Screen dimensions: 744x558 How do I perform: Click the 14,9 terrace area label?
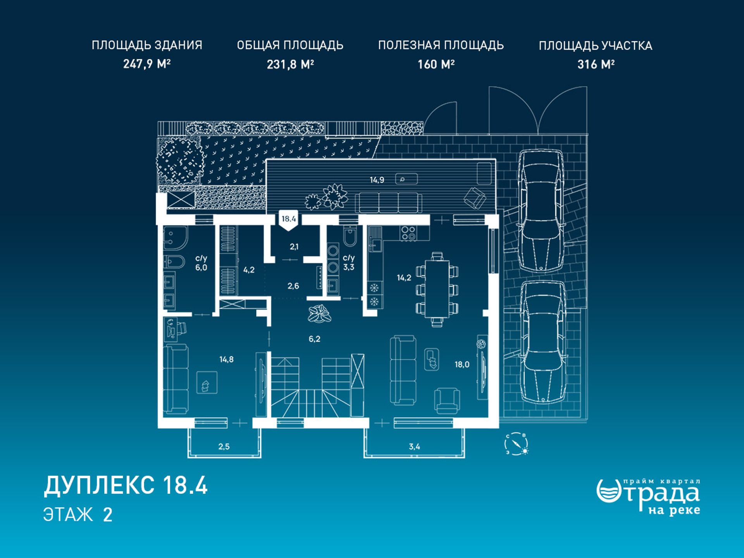[x=377, y=180]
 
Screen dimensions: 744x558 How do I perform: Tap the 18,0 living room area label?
[x=462, y=364]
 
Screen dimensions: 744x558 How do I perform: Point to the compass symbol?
[x=517, y=444]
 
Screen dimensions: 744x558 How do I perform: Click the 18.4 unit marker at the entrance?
[x=289, y=220]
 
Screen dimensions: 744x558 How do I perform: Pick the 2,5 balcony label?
[x=224, y=446]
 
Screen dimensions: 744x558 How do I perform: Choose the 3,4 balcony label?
[x=414, y=446]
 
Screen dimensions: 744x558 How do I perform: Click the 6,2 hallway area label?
[x=314, y=339]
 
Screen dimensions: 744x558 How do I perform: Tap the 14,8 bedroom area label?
[x=226, y=359]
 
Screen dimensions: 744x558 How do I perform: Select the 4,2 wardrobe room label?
[x=249, y=270]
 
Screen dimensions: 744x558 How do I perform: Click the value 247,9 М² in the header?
[x=147, y=64]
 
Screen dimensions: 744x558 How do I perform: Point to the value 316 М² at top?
[x=596, y=64]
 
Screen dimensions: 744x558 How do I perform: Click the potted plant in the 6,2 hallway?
[x=319, y=313]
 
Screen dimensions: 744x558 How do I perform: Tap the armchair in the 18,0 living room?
[x=447, y=400]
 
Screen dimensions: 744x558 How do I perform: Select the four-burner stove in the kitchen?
[x=408, y=233]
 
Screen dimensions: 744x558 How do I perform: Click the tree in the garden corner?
[x=180, y=160]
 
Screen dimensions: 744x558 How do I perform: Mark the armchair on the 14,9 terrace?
[x=475, y=198]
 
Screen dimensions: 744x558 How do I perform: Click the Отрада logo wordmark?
[x=648, y=497]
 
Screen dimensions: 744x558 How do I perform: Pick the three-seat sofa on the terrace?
[x=389, y=202]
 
